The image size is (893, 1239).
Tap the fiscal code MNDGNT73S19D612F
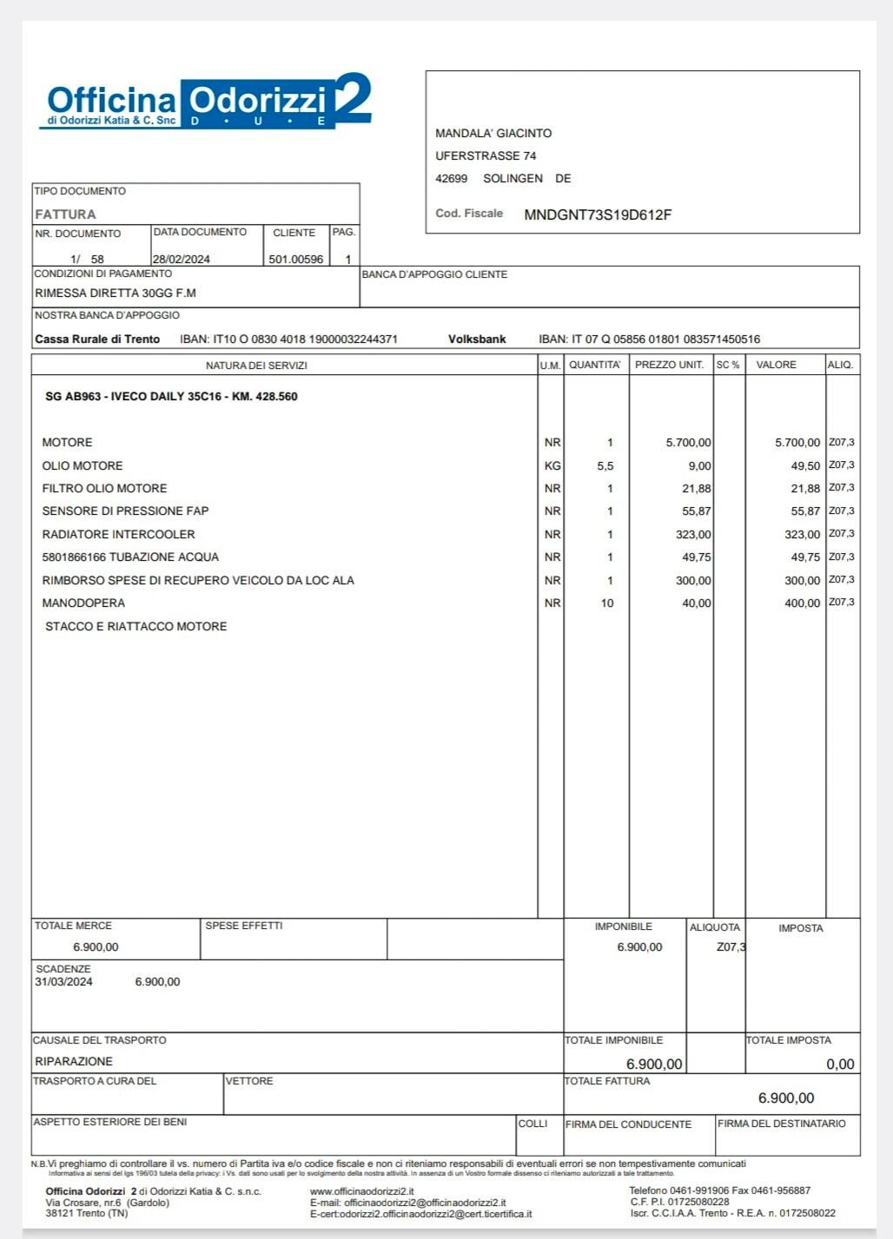tap(598, 214)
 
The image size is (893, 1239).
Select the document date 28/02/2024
tap(181, 259)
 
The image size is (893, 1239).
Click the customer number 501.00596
tap(295, 259)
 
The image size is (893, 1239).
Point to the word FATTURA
tap(65, 214)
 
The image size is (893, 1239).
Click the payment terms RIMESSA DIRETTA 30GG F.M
tap(116, 293)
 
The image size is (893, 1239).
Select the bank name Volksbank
tap(477, 339)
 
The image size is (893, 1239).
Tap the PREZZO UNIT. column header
tap(669, 365)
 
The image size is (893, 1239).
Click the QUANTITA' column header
tap(595, 365)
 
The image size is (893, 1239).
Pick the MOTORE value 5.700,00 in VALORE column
tap(797, 443)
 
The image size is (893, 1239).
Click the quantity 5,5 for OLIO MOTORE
tap(605, 466)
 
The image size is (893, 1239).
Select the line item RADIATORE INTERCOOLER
tap(118, 534)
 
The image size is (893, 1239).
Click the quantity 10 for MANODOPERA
tap(606, 603)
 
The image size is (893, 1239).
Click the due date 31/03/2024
tap(63, 982)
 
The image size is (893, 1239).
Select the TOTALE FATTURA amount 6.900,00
tap(785, 1097)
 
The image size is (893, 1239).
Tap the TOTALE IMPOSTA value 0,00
tap(840, 1064)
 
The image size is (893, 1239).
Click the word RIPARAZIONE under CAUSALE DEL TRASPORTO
tap(74, 1061)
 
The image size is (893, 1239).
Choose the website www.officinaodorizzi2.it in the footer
tap(361, 1191)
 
